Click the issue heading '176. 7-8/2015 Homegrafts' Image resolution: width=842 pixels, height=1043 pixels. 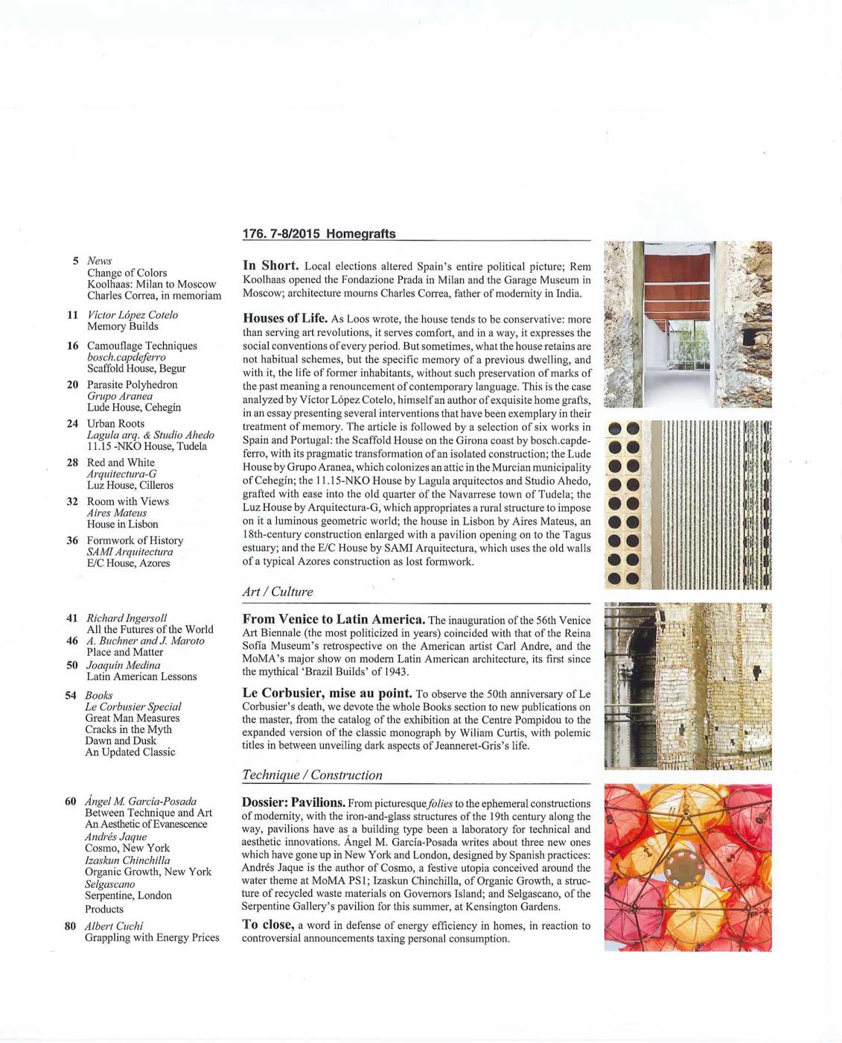pyautogui.click(x=319, y=233)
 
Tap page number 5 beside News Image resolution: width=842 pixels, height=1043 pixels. pyautogui.click(x=76, y=261)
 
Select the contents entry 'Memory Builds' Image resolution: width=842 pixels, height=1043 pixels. pyautogui.click(x=122, y=326)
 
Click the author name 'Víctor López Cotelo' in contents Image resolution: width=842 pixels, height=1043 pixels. pyautogui.click(x=133, y=315)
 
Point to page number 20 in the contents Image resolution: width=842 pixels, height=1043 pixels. pyautogui.click(x=72, y=385)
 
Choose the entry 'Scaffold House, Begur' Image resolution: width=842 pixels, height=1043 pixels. pyautogui.click(x=136, y=369)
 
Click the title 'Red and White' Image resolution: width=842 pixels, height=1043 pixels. pyautogui.click(x=121, y=463)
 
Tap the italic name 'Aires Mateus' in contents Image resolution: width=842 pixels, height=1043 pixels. pyautogui.click(x=117, y=513)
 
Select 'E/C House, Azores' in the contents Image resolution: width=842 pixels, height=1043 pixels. pyautogui.click(x=128, y=563)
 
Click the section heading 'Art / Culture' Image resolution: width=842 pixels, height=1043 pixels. pyautogui.click(x=277, y=592)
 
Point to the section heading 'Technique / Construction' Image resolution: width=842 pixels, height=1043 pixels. pyautogui.click(x=312, y=775)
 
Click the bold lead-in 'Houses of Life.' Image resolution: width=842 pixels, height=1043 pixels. pyautogui.click(x=285, y=318)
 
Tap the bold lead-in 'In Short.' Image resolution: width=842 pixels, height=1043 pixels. pyautogui.click(x=271, y=265)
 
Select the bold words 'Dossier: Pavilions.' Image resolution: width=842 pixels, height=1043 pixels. pyautogui.click(x=293, y=803)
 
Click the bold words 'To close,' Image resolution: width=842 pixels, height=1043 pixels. pyautogui.click(x=267, y=925)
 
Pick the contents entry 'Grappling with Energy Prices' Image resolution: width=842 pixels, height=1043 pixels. pyautogui.click(x=152, y=937)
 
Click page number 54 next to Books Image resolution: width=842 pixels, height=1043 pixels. pyautogui.click(x=71, y=695)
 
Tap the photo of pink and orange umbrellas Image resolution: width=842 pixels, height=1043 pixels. pyautogui.click(x=687, y=867)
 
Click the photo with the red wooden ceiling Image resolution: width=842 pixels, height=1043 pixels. pyautogui.click(x=687, y=324)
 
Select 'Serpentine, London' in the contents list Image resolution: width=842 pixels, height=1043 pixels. pyautogui.click(x=128, y=895)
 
